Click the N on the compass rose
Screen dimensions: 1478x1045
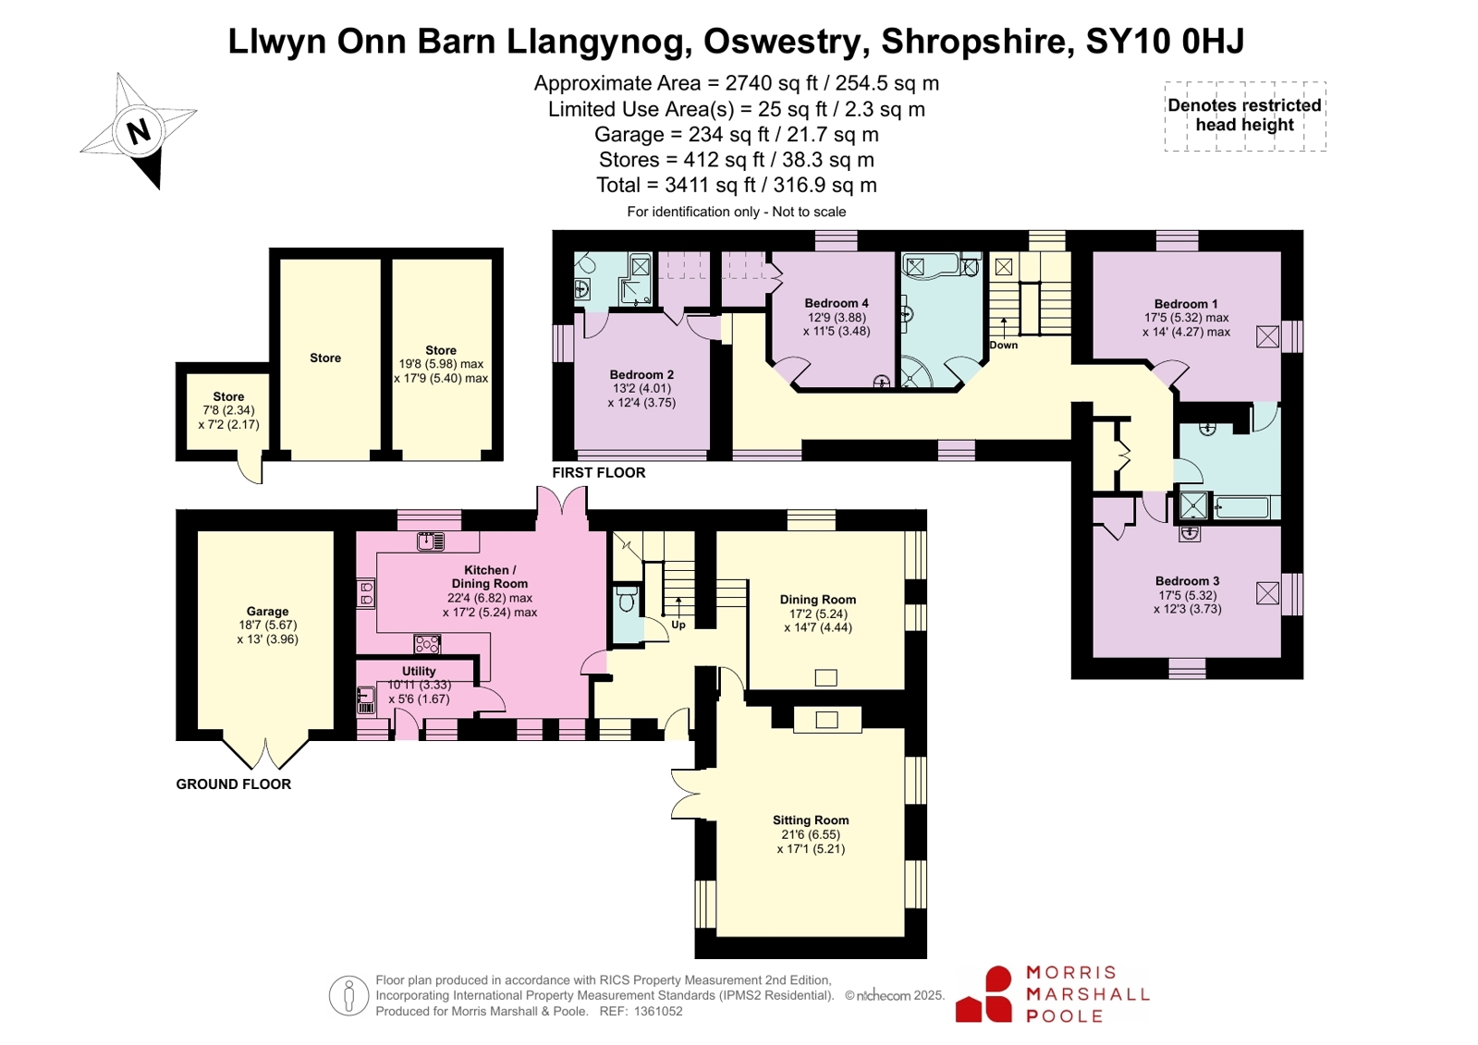139,132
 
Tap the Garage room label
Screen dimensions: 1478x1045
267,612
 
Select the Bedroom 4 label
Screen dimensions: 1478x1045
836,303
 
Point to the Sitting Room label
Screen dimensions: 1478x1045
811,820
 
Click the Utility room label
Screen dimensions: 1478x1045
419,671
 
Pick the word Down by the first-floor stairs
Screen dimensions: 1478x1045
1003,345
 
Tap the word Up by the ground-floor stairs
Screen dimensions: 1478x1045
678,625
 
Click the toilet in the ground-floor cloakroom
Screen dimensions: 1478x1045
627,599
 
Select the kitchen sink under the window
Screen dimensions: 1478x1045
431,542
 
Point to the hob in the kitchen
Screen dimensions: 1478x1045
427,643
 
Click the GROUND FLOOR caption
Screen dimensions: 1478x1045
233,784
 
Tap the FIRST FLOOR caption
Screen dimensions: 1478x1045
598,472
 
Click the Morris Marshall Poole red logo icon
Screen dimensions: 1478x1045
983,994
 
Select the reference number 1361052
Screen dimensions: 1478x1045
658,1011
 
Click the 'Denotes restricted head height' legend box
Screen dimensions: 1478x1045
1245,116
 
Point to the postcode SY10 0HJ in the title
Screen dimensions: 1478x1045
1165,41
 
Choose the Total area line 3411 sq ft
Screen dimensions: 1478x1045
737,185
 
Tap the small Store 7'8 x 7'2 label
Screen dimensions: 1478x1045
228,410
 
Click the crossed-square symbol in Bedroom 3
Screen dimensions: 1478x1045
1267,593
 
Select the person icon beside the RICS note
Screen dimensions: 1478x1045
348,995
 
